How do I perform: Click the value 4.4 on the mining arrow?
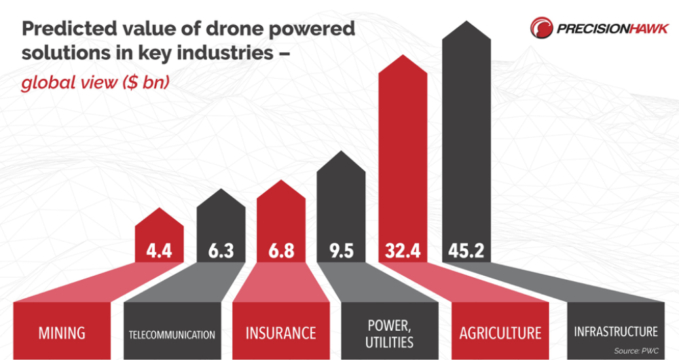159,251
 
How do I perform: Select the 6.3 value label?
221,251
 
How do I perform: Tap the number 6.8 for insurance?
281,251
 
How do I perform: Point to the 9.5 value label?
342,251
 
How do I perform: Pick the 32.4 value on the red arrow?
402,251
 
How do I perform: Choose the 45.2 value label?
466,251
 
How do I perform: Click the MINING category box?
62,333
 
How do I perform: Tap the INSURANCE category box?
280,333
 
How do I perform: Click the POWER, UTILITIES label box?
390,332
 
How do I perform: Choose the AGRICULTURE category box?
500,333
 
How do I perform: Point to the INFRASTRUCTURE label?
615,331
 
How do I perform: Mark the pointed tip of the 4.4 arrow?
159,209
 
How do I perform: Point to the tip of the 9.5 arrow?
342,152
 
